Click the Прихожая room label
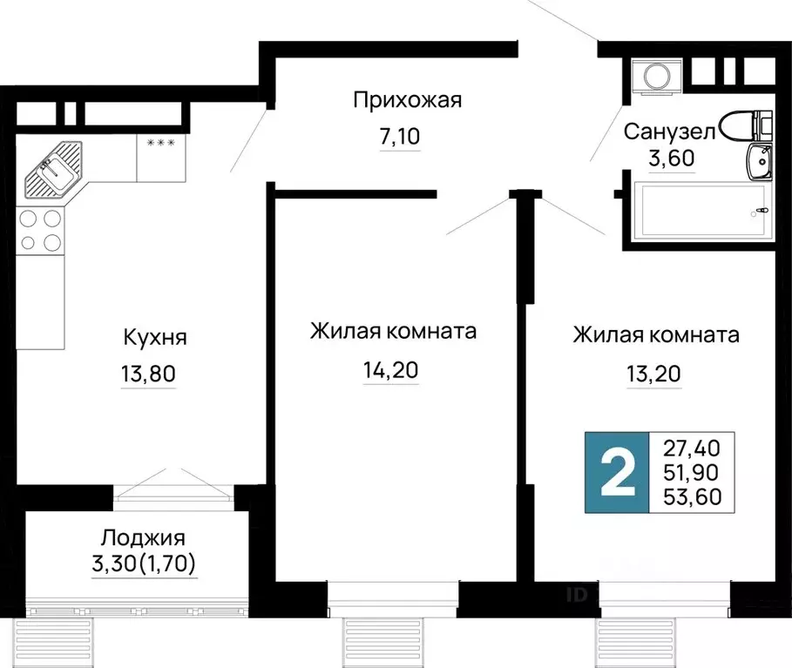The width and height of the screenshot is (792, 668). tap(407, 100)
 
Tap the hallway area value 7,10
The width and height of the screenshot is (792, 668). tap(400, 137)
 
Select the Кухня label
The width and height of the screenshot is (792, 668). tap(155, 337)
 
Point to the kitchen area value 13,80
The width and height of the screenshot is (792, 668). tap(148, 374)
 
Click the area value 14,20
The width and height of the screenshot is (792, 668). tap(390, 370)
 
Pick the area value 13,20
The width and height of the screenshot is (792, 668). tap(653, 374)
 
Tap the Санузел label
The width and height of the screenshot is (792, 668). tap(670, 132)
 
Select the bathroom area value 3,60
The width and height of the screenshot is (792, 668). tap(672, 158)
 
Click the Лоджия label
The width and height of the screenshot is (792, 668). tap(144, 538)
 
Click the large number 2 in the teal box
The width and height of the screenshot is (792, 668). tap(618, 473)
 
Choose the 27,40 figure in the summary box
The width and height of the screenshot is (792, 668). tap(692, 448)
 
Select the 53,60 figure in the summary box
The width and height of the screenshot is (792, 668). tap(692, 496)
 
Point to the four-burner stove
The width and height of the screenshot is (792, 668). tap(40, 231)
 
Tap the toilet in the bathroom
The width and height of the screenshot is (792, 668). tap(746, 125)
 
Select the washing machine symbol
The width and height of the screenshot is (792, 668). tap(657, 77)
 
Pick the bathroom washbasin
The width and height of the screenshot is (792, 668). tap(758, 161)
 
